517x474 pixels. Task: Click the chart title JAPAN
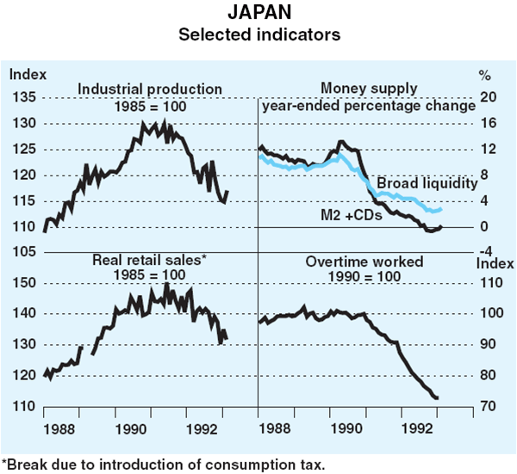258,15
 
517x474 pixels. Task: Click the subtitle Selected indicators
258,35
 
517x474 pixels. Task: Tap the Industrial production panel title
150,89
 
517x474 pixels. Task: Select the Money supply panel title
369,89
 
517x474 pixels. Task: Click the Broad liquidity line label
427,183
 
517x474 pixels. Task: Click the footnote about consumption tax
164,464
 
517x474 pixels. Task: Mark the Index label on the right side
489,262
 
